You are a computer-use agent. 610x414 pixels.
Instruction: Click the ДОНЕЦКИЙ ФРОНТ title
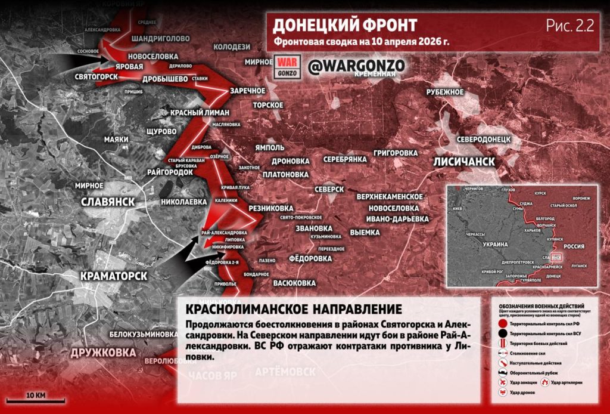pyautogui.click(x=345, y=26)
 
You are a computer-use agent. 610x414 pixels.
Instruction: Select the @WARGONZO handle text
pyautogui.click(x=357, y=66)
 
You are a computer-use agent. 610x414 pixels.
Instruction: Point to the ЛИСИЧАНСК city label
pyautogui.click(x=464, y=162)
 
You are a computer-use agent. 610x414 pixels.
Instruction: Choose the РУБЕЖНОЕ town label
pyautogui.click(x=445, y=91)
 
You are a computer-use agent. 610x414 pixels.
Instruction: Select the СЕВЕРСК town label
pyautogui.click(x=329, y=189)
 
